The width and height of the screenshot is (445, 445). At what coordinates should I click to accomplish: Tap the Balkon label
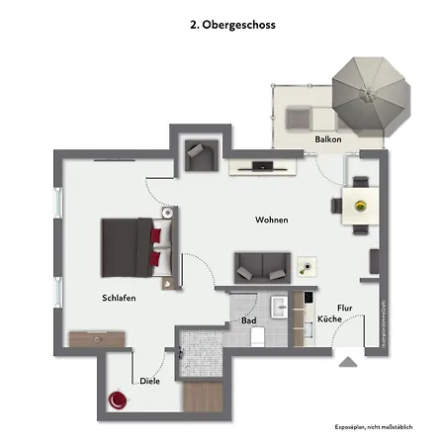(x=328, y=140)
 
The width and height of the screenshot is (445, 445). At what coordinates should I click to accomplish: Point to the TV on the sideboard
(x=263, y=163)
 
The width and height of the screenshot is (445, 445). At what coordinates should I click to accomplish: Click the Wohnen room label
(x=271, y=220)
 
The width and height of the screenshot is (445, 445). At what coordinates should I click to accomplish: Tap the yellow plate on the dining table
(x=360, y=205)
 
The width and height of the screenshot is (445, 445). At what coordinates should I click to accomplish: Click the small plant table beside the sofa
(x=309, y=266)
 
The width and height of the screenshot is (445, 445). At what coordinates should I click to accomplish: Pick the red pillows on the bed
(x=155, y=244)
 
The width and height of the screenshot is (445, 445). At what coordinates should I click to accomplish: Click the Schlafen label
(x=118, y=298)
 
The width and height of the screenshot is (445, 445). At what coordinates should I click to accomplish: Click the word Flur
(x=345, y=308)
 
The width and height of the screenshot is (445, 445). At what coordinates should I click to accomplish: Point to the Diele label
(x=149, y=380)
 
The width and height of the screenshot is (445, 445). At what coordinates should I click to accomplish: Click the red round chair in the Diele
(x=119, y=400)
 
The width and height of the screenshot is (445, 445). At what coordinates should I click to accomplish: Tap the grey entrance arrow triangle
(x=347, y=363)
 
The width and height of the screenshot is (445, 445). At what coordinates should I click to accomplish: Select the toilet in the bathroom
(x=258, y=337)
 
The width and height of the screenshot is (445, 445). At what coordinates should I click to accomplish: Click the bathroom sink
(x=278, y=303)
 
